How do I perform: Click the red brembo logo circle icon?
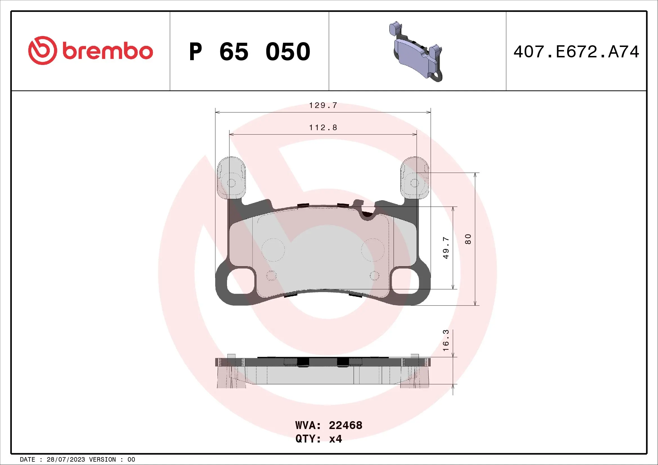(42, 50)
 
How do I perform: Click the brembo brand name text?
(108, 51)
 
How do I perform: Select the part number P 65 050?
(249, 52)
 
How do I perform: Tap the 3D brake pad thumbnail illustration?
(416, 51)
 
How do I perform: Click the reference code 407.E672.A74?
(576, 52)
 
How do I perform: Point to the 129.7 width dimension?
(323, 105)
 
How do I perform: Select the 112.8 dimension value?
(323, 127)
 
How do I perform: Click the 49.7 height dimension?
(446, 248)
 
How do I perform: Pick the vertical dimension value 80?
(468, 239)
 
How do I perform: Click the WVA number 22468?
(345, 425)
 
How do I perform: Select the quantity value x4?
(335, 439)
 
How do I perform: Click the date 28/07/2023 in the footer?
(66, 460)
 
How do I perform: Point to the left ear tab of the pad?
(231, 177)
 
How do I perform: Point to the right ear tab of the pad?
(414, 177)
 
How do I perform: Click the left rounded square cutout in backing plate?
(241, 281)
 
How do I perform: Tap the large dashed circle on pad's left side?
(273, 250)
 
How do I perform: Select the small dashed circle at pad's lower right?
(374, 276)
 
